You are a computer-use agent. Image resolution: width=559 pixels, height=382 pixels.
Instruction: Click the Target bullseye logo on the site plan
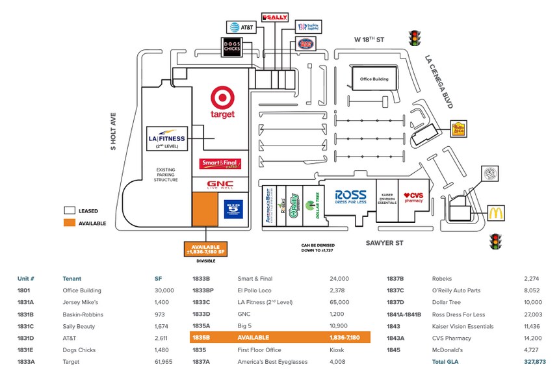pos(222,99)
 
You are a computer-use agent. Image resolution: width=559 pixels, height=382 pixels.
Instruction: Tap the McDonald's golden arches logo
pos(495,213)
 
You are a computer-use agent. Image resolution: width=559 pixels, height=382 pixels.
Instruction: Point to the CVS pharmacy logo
pos(413,197)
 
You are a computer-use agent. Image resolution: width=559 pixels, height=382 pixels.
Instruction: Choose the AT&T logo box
pos(242,27)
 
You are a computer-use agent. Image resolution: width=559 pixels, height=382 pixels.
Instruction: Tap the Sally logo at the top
pos(274,17)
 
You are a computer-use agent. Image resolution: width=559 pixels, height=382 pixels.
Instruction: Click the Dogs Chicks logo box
pos(233,46)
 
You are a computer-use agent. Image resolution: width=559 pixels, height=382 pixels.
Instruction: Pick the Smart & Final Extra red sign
pos(221,164)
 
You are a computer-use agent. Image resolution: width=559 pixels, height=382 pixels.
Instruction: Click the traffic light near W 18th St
pos(413,38)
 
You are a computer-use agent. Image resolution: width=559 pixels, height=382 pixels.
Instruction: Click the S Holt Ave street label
pos(112,131)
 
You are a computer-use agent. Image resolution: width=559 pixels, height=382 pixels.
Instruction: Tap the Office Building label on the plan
pos(370,79)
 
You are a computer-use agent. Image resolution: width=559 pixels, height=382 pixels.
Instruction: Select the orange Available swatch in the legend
pos(69,223)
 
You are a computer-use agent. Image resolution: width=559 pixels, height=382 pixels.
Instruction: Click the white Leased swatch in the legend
pos(69,210)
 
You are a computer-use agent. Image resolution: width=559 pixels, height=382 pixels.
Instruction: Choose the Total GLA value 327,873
pos(535,361)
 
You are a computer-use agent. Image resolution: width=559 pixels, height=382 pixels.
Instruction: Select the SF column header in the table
pos(158,279)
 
